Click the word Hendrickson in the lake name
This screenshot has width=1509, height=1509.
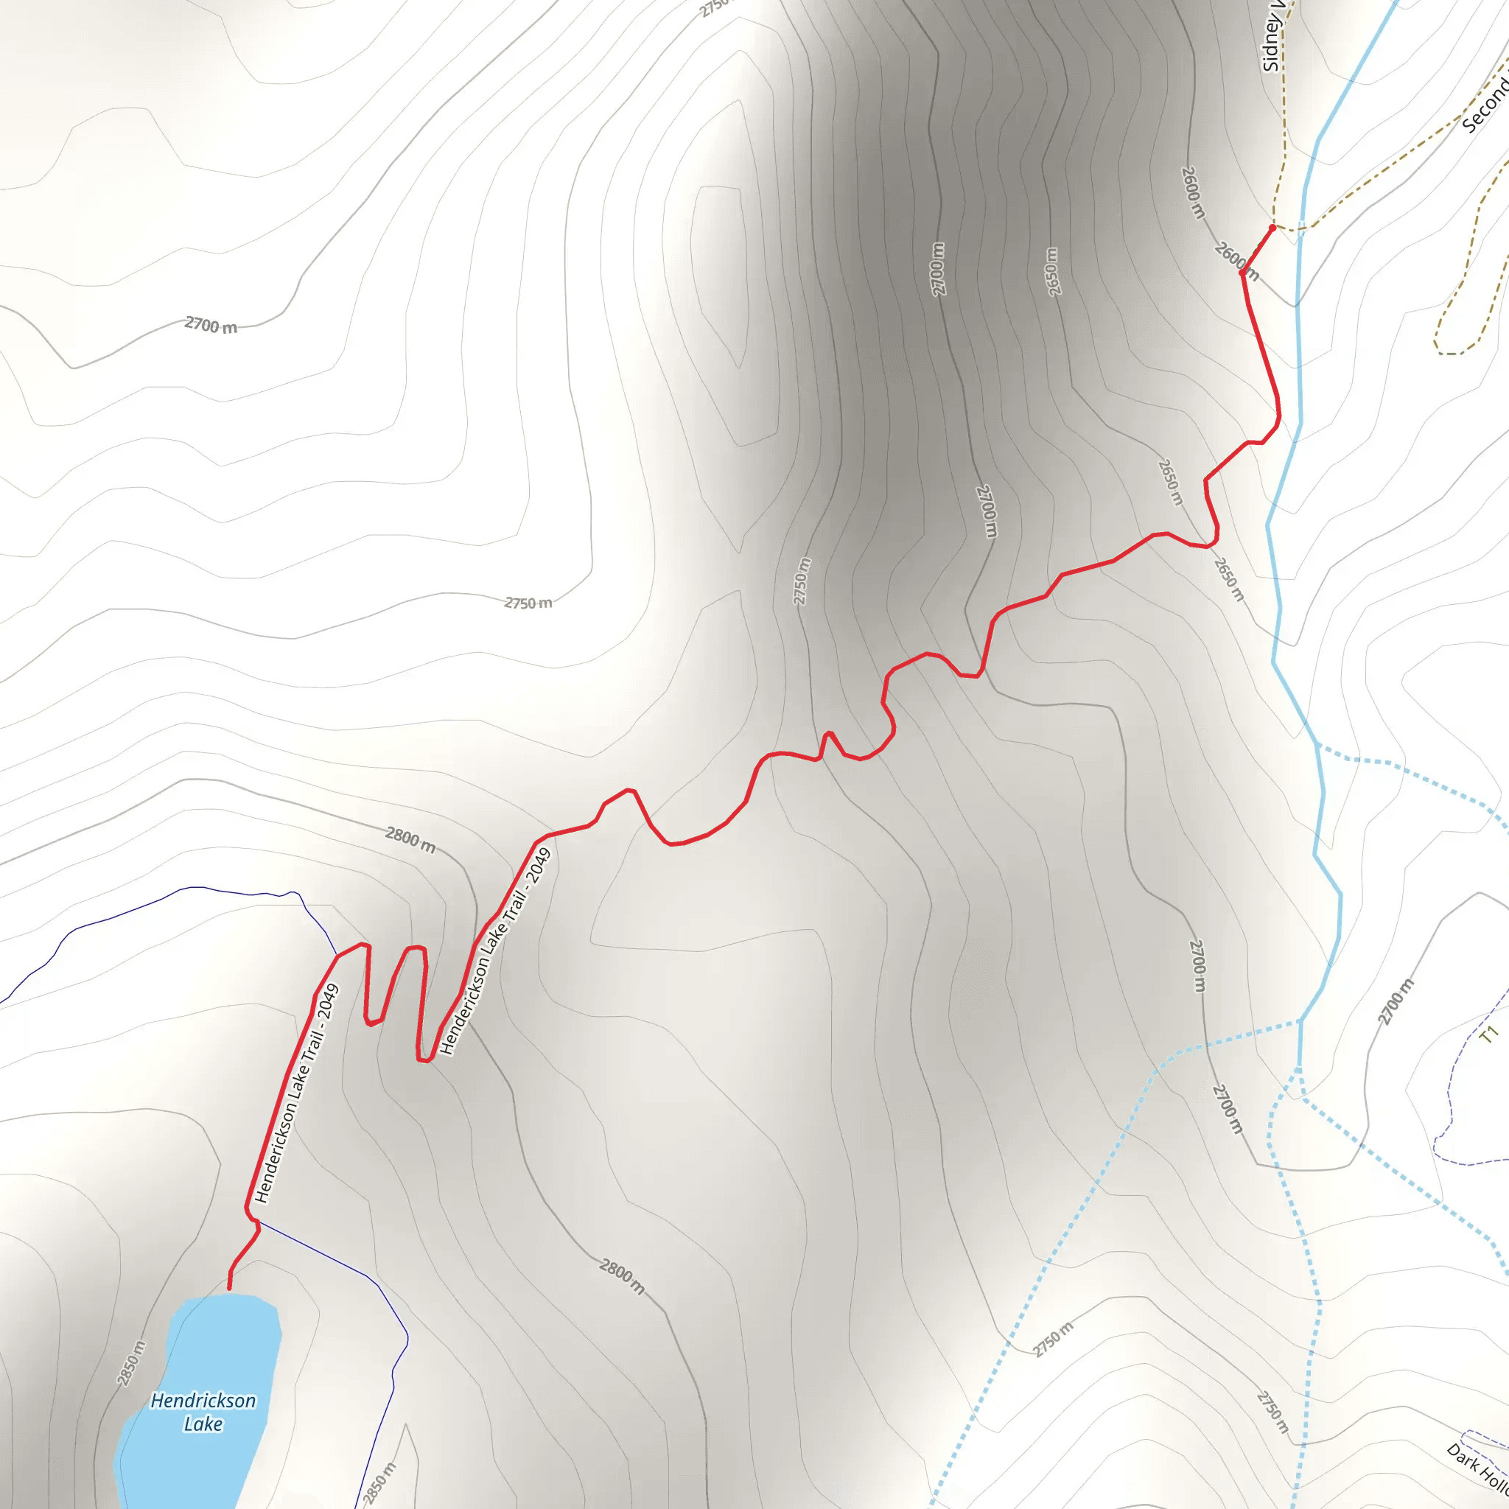click(203, 1401)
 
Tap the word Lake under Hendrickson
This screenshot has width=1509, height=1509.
click(203, 1424)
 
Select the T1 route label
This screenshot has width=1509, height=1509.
click(1489, 1035)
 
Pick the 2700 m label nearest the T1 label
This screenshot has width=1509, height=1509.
click(1396, 1002)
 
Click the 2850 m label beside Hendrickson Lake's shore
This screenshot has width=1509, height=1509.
click(131, 1363)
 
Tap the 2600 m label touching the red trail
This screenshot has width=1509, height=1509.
click(1237, 262)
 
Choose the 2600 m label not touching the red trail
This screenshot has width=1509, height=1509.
click(1194, 192)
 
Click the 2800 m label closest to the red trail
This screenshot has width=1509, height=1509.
click(410, 841)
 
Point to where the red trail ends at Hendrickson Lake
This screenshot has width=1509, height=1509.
click(229, 1289)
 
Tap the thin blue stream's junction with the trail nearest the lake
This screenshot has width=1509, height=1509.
click(258, 1222)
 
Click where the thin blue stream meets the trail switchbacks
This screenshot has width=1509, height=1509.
click(337, 955)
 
